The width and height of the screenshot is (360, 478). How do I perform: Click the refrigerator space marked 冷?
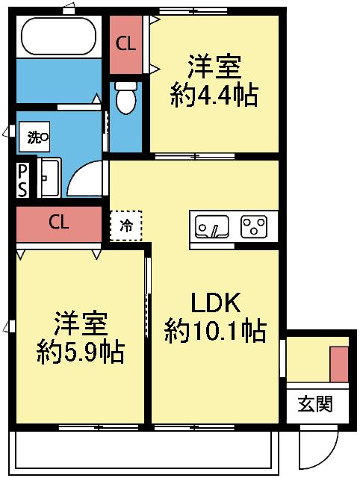(127, 225)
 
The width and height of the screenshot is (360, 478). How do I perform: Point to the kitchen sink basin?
(213, 226)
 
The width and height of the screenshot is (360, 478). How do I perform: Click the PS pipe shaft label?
(23, 180)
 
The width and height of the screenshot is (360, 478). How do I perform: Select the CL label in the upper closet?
(125, 43)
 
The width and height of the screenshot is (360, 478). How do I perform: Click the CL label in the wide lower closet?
(59, 223)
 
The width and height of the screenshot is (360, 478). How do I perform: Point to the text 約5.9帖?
(81, 350)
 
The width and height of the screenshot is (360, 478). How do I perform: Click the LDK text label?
(214, 303)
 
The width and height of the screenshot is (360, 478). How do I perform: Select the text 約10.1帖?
(215, 329)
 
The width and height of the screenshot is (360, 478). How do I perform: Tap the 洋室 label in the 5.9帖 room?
(81, 323)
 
